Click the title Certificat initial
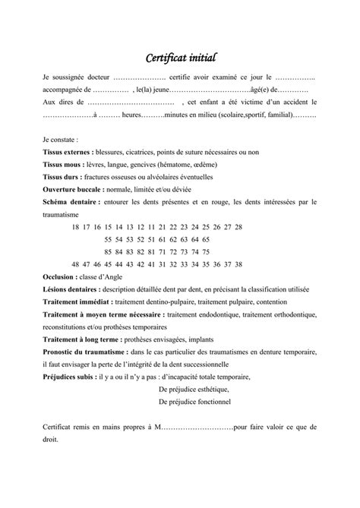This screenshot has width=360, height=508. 180,56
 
